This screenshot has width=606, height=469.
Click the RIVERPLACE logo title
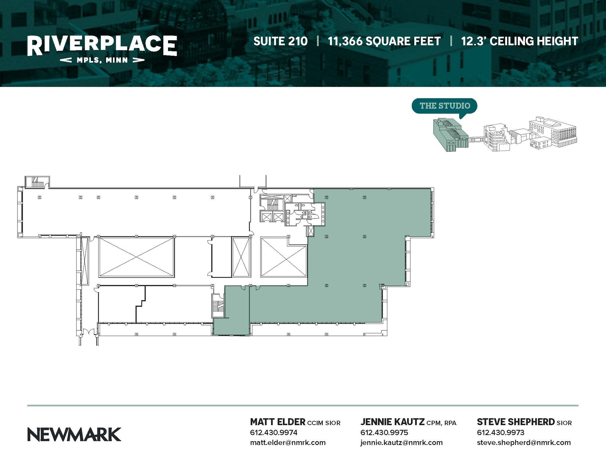point(102,45)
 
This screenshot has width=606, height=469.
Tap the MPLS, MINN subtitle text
point(102,60)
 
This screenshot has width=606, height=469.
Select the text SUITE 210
point(281,41)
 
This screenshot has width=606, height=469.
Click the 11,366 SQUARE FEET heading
point(384,41)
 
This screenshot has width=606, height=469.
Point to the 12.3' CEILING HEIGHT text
point(519,41)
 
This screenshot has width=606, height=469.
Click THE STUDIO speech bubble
point(444,106)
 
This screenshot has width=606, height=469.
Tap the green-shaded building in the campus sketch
point(450,135)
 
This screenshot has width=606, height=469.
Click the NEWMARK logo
point(74,434)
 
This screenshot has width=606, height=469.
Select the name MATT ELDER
point(278,422)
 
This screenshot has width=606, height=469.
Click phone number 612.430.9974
point(274,433)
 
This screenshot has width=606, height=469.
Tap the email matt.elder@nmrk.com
point(288,443)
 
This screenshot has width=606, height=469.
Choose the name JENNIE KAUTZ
point(392,422)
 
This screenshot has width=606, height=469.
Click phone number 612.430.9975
point(384,433)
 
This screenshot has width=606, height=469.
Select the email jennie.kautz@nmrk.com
point(401,443)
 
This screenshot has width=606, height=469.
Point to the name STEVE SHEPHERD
point(516,422)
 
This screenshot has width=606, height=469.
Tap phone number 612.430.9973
point(501,433)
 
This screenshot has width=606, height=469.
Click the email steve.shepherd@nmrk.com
point(524,443)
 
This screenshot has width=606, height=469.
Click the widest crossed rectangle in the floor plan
point(136,257)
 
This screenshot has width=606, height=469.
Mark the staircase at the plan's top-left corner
point(37,182)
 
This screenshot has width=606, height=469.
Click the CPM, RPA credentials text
point(441,423)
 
